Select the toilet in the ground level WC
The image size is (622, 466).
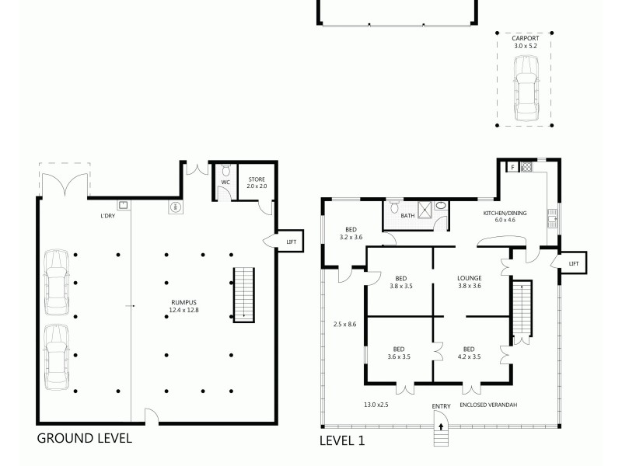point(226,172)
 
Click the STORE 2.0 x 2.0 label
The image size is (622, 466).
point(257,183)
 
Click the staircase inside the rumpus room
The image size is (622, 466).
point(244,292)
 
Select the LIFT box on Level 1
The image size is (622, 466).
point(573,264)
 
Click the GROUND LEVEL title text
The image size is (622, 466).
point(85,438)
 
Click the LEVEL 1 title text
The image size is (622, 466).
point(342,440)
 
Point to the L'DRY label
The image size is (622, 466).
point(107,216)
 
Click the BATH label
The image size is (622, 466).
point(407,217)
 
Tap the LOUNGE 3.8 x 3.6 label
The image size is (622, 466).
point(470,282)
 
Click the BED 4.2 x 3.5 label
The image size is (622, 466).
point(468,353)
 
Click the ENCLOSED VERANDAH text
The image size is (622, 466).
point(489,405)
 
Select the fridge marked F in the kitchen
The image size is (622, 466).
point(512,166)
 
